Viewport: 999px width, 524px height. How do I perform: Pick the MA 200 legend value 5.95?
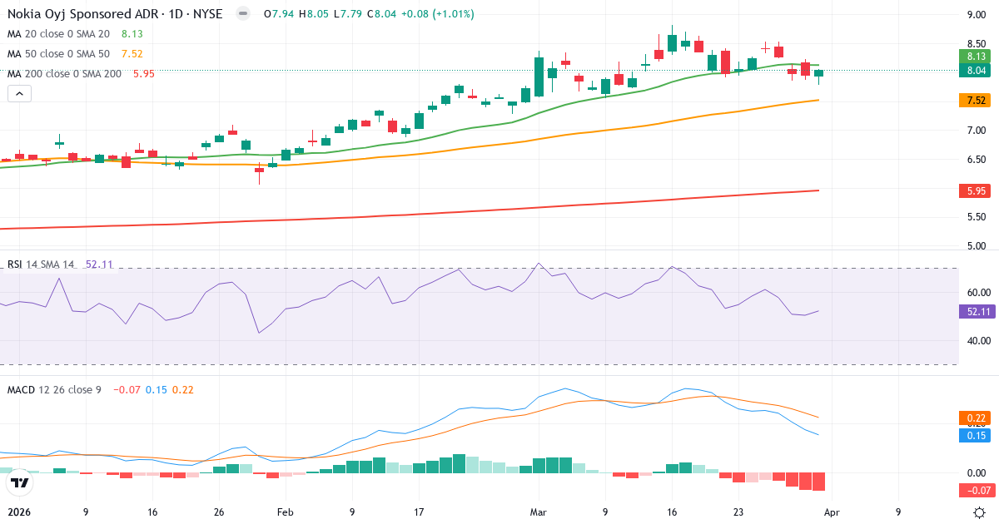coord(143,74)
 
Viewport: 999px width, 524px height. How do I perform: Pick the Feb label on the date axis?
coord(285,513)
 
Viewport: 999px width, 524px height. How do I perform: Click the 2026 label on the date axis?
coord(19,513)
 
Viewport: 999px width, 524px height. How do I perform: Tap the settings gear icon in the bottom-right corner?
coord(980,513)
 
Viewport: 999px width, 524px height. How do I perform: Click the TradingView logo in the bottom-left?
coord(20,482)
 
